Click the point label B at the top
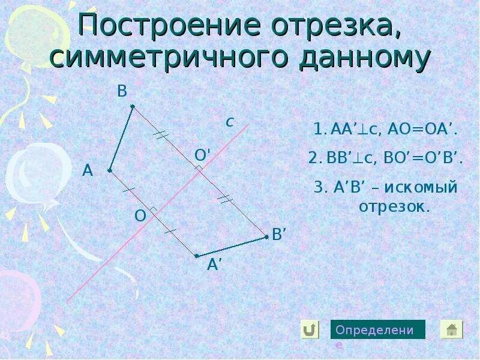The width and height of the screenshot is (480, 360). pos(122,91)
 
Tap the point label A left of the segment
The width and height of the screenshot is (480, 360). pos(88,171)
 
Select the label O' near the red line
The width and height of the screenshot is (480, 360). pos(202,155)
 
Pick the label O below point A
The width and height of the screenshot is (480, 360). pos(140,216)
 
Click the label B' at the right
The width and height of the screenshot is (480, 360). pos(280,235)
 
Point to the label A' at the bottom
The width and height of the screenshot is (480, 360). pos(215,265)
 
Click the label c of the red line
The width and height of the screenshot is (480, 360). pos(229,122)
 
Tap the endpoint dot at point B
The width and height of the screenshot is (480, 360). pos(133,107)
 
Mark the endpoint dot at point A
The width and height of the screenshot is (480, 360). pos(110,170)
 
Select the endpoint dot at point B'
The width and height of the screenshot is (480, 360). pos(266,237)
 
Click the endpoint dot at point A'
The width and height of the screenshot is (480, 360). pos(197,256)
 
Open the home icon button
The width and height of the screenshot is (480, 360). pos(452,329)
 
